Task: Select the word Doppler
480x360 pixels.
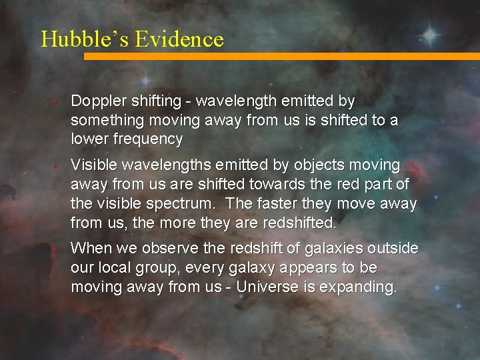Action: [x=97, y=101]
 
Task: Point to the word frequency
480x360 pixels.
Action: [x=150, y=139]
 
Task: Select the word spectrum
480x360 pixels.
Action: [x=162, y=203]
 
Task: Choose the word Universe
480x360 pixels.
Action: [x=265, y=287]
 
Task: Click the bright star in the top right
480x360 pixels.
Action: [x=430, y=33]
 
